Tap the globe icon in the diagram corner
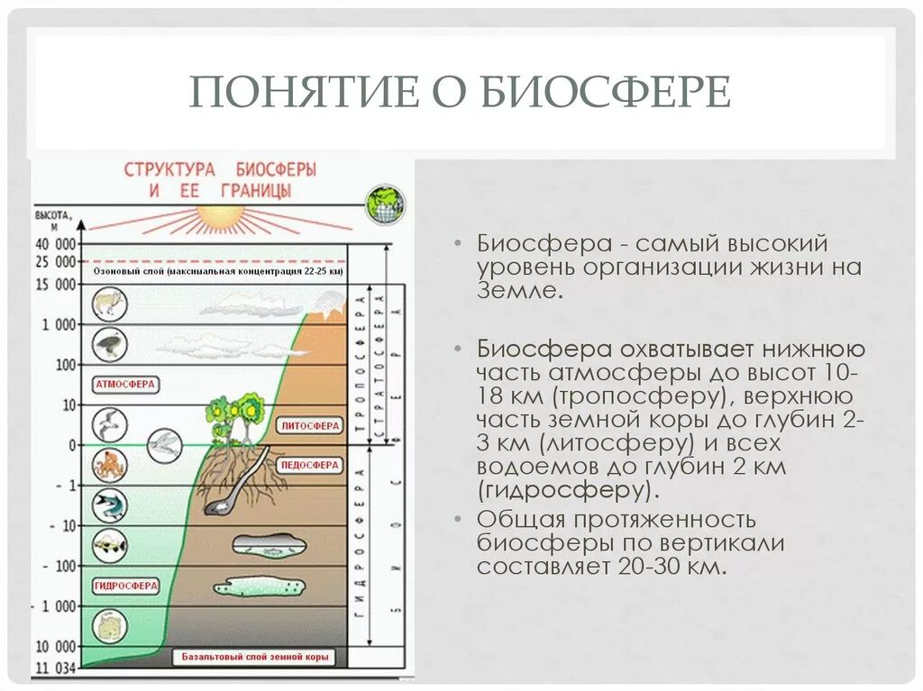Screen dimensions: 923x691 (384, 205)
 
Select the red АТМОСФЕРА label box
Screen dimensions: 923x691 (125, 385)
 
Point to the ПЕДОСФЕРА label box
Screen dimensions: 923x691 (310, 466)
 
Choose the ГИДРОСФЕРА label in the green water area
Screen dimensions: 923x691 (125, 586)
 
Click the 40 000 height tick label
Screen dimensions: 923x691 (56, 244)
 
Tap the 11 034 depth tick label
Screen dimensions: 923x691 (56, 668)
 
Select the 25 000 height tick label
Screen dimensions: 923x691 (56, 262)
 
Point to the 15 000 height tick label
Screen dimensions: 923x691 (56, 285)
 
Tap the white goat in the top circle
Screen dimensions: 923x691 (110, 304)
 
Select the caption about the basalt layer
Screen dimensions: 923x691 (256, 658)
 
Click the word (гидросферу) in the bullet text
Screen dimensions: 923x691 (564, 491)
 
